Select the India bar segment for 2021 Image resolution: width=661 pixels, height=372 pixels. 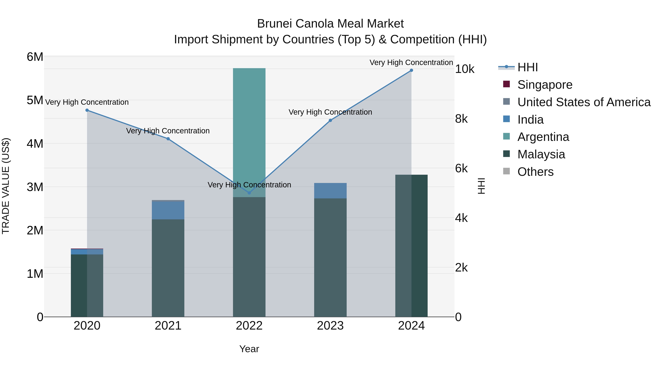point(168,210)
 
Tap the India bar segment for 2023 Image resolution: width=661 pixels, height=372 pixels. point(330,191)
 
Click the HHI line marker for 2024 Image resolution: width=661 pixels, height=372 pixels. point(411,70)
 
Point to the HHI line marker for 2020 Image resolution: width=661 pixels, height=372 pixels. point(87,110)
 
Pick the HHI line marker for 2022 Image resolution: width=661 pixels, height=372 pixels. point(249,193)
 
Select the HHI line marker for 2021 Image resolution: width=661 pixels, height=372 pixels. point(168,139)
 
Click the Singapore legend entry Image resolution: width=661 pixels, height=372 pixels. point(545,85)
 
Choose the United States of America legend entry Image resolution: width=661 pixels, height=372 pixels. point(584,102)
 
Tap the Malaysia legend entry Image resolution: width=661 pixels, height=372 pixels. point(541,154)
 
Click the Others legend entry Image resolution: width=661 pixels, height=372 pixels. point(535,172)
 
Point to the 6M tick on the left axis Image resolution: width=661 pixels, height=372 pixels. point(35,57)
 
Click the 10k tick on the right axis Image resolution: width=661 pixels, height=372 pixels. point(465,69)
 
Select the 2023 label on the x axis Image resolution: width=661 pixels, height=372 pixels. point(330,326)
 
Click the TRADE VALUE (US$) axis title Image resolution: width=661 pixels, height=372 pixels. point(6,186)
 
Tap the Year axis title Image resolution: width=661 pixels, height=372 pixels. point(249,349)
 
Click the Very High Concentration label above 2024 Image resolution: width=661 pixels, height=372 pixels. point(411,62)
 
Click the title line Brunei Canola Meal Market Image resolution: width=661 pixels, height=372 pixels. point(330,24)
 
